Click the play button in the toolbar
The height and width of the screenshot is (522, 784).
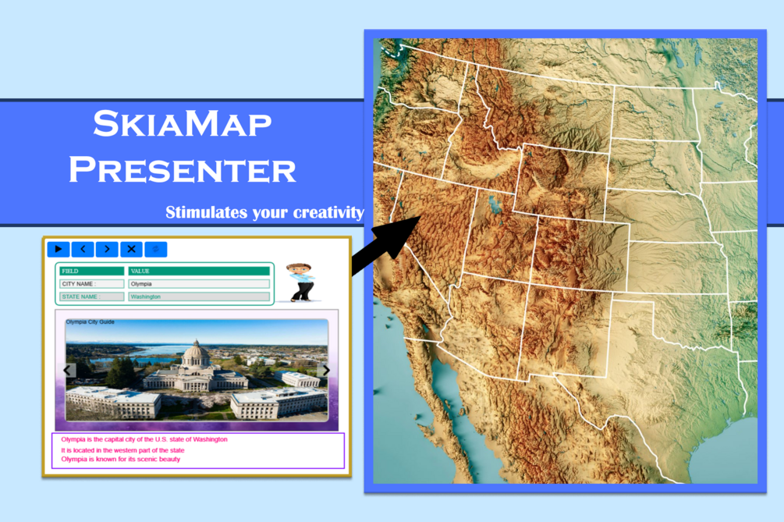point(59,249)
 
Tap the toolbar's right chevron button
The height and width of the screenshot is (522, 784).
point(107,249)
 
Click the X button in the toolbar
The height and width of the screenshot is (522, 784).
point(131,249)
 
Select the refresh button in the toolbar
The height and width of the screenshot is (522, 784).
point(155,249)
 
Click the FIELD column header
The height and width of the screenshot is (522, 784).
point(91,271)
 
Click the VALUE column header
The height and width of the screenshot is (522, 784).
point(198,271)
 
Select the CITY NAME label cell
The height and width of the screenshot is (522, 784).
point(91,284)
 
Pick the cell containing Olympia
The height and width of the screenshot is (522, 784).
point(198,284)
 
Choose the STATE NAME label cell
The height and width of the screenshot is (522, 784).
point(91,297)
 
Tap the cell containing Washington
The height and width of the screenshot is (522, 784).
point(198,297)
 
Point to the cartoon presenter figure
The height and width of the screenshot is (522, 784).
point(300,282)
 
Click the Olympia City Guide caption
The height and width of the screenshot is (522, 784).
point(90,321)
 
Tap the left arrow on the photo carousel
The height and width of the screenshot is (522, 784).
point(68,371)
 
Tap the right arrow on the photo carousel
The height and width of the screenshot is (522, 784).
point(325,371)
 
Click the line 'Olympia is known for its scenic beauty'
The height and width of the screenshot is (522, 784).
point(121,460)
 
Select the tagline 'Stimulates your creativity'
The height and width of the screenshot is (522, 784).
point(264,212)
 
